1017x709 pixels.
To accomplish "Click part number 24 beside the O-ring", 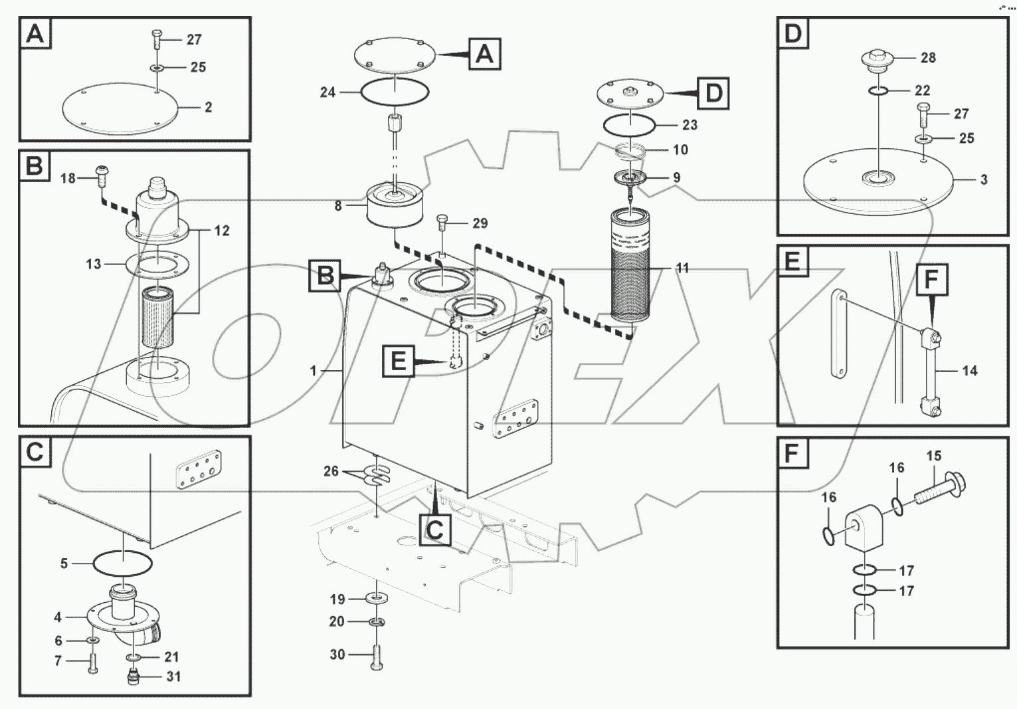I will [x=327, y=92].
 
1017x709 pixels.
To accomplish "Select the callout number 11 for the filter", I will [x=682, y=268].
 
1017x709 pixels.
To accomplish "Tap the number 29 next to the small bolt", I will [x=480, y=223].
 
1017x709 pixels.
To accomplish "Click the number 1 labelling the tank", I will [x=314, y=370].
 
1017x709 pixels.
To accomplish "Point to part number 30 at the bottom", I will [x=337, y=655].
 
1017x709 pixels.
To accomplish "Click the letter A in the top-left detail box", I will [x=35, y=33].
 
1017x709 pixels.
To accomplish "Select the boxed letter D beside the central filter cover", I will [x=713, y=93].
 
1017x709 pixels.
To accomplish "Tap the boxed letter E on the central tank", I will [x=398, y=361].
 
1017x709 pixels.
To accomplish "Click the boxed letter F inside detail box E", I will [x=931, y=280].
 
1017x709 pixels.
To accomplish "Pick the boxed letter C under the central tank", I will [x=434, y=530].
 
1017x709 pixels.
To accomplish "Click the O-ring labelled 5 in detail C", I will [x=122, y=563].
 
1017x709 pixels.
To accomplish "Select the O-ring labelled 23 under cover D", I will [x=629, y=124].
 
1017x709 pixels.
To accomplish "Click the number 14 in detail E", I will [x=969, y=371].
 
